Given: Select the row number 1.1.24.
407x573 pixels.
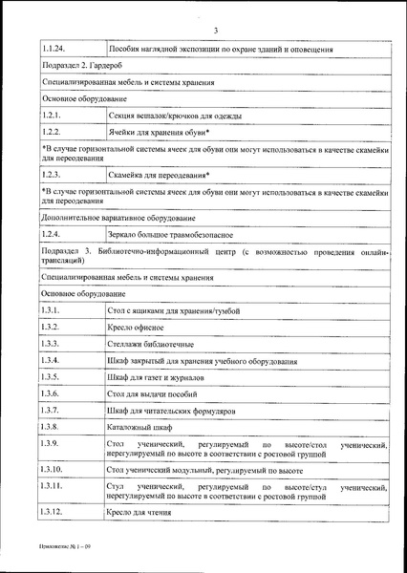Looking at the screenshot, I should click(56, 48).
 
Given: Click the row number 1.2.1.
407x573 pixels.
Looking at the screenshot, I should click(52, 116).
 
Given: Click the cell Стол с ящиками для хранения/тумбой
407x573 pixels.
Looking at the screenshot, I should click(174, 311).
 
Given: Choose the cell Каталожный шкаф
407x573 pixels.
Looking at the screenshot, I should click(140, 426).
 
